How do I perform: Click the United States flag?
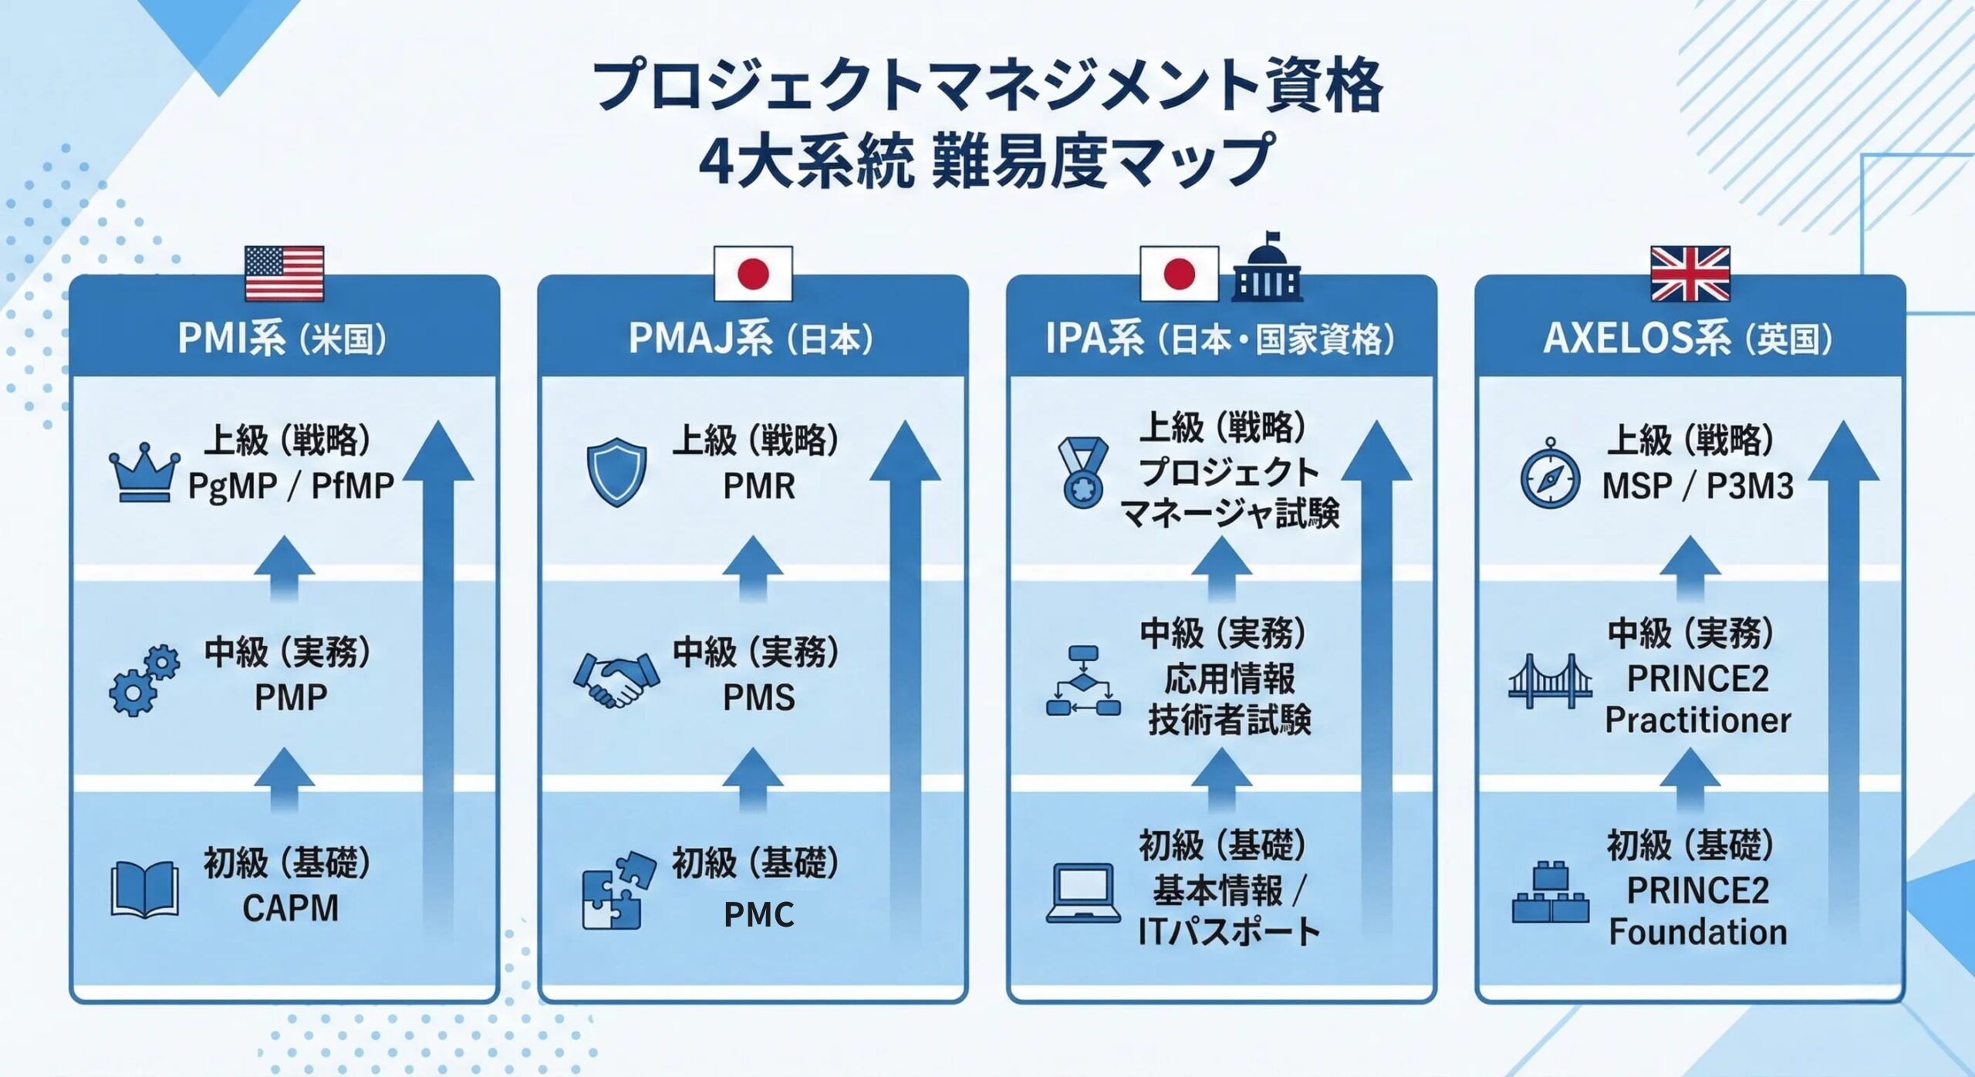[284, 273]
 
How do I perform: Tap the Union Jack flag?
[1690, 273]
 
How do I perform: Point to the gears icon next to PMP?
[144, 679]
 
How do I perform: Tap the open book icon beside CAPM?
[144, 890]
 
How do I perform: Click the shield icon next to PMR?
[616, 471]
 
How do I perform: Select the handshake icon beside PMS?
[616, 680]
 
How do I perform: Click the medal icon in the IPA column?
[1082, 472]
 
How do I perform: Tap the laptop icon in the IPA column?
[1083, 893]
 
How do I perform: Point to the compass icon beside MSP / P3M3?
[1550, 473]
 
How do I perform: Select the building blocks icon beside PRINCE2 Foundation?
[1550, 893]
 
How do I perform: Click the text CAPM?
[290, 908]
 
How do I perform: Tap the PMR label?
[758, 486]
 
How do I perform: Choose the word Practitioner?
[1697, 721]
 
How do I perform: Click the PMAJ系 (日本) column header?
[751, 339]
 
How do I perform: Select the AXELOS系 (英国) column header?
[1687, 339]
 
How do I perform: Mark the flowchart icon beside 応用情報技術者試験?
[1083, 680]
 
